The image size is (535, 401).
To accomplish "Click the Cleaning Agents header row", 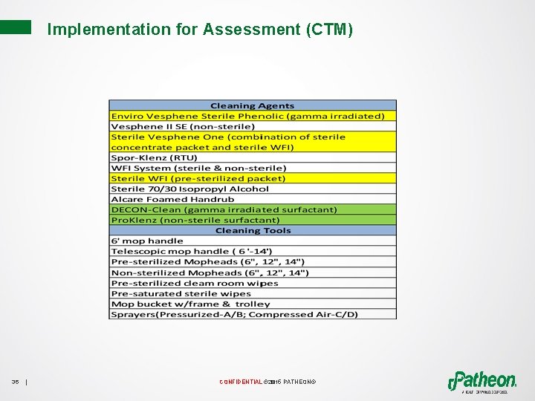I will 252,105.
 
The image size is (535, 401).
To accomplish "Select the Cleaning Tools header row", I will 252,230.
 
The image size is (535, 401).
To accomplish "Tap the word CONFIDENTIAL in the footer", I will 240,382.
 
